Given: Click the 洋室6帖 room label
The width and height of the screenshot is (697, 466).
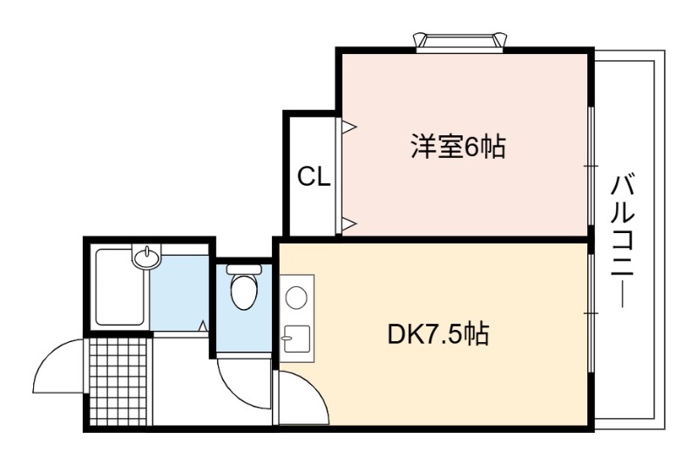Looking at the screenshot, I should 457,147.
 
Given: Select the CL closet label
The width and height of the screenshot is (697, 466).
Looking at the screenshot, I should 314,177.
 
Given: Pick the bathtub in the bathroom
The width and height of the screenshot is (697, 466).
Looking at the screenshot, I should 120,288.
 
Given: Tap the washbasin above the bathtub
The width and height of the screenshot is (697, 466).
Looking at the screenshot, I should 146,257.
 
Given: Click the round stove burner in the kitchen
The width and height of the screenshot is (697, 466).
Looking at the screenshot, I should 296,296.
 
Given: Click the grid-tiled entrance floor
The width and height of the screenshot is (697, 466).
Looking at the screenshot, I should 119,379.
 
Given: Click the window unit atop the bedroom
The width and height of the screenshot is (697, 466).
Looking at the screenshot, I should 461,40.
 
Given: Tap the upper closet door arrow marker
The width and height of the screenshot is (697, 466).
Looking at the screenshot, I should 348,127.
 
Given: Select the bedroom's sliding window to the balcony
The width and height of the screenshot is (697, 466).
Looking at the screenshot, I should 592,165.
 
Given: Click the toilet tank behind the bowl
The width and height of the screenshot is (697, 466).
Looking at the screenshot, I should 244,270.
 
